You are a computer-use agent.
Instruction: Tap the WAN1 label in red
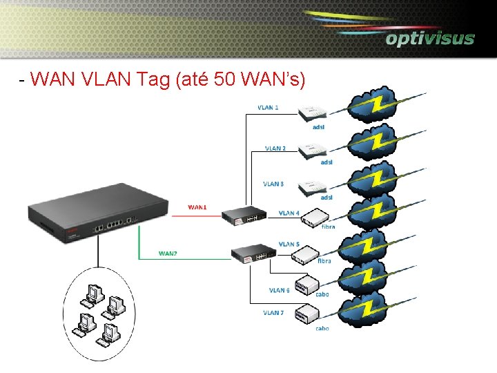click(197, 207)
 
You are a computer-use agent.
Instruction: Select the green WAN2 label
click(168, 253)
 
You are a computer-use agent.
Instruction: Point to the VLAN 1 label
click(268, 108)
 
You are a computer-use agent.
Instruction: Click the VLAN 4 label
click(289, 213)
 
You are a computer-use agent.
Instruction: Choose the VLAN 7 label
click(273, 312)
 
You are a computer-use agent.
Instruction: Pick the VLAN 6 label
click(279, 290)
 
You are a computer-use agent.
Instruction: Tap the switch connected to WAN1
click(244, 216)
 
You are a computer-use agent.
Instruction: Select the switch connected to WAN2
click(252, 254)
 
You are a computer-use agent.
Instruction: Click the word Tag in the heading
click(155, 80)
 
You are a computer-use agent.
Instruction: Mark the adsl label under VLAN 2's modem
click(326, 162)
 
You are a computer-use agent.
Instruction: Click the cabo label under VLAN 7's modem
click(322, 328)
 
